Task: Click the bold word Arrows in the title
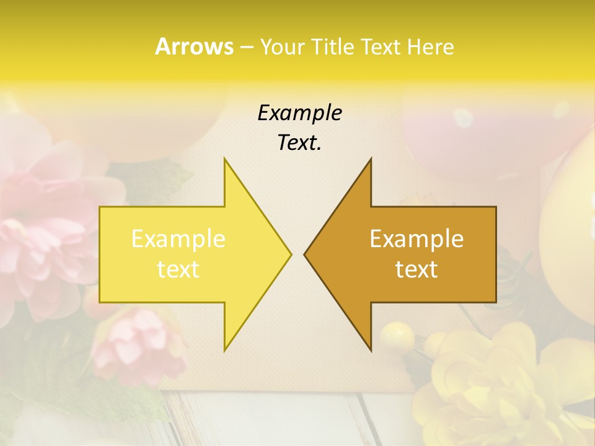[x=195, y=46]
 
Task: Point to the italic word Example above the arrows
[x=299, y=113]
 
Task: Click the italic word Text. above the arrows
[x=299, y=143]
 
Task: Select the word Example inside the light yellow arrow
[x=178, y=238]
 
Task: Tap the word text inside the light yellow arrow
[x=178, y=269]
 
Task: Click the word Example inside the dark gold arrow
[x=416, y=238]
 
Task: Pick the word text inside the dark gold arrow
[x=416, y=269]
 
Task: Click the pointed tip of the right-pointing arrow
[x=291, y=254]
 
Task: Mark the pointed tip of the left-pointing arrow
[x=304, y=254]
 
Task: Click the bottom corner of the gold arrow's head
[x=371, y=350]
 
